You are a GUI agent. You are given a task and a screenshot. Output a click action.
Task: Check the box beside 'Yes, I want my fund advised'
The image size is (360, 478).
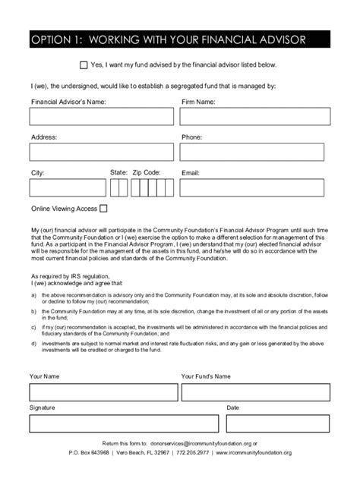tap(84, 66)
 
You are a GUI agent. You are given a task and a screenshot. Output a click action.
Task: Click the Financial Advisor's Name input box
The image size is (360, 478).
tap(101, 116)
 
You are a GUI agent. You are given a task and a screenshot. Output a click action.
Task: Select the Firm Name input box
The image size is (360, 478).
tap(255, 116)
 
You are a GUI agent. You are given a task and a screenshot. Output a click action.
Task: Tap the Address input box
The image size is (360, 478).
tap(101, 152)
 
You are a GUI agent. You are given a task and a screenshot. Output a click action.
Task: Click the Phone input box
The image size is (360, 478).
tap(255, 152)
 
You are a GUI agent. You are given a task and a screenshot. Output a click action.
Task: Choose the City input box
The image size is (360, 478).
tap(68, 187)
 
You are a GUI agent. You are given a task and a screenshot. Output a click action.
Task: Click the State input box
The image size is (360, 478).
tap(118, 187)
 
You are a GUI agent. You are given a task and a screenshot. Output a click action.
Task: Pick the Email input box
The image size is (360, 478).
tap(255, 187)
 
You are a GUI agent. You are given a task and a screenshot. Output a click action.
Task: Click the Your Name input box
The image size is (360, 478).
tap(101, 392)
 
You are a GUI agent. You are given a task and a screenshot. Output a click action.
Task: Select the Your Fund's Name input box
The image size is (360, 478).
tap(255, 392)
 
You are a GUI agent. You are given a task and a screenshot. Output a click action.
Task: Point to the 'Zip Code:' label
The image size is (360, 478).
tap(147, 173)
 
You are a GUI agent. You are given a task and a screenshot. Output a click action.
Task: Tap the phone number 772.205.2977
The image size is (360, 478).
tap(197, 452)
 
